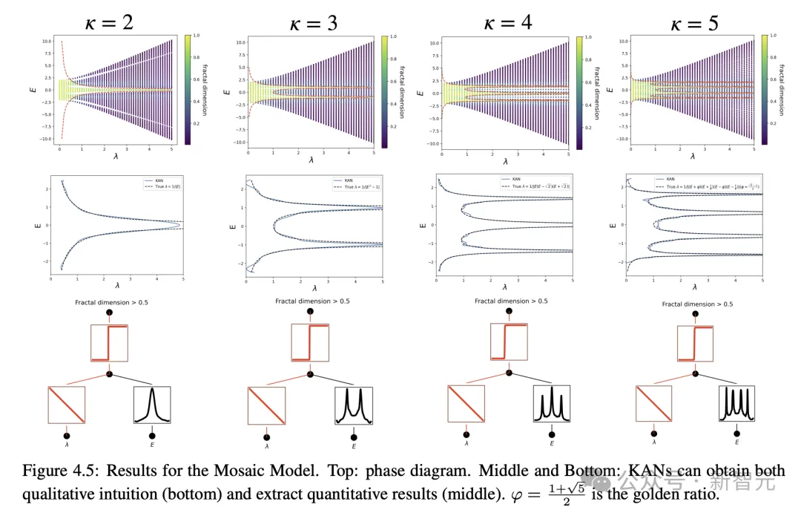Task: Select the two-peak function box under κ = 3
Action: (353, 406)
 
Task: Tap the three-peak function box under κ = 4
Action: (551, 405)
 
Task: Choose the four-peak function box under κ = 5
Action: (736, 405)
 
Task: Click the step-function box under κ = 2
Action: (110, 344)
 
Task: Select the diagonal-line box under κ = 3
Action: (266, 406)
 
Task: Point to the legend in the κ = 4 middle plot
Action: (533, 185)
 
